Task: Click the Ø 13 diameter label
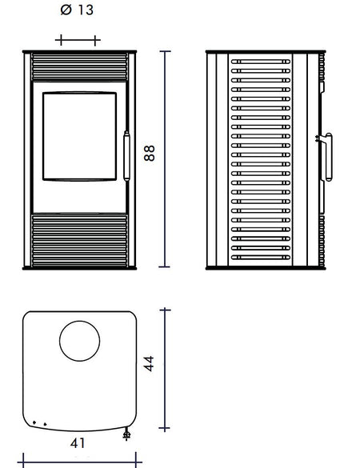77,10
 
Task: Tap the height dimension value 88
150,153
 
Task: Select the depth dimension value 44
149,363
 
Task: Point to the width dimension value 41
78,443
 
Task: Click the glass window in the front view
79,137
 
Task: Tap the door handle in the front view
127,156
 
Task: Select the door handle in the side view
326,157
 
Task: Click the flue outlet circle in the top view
79,341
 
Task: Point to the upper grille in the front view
79,67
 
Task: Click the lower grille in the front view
79,241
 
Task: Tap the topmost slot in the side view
261,62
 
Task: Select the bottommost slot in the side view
261,258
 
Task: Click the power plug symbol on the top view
126,434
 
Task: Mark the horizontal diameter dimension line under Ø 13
78,40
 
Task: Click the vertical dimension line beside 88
165,159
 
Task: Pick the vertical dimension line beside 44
165,370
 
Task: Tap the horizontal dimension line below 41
79,462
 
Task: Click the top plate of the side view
266,52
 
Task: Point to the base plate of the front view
79,268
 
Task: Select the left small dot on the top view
34,422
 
